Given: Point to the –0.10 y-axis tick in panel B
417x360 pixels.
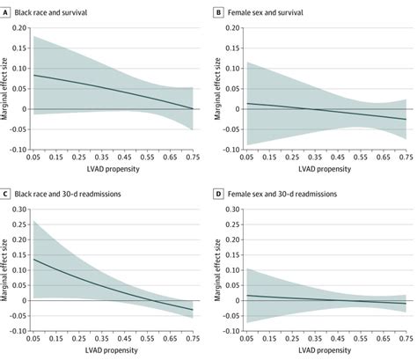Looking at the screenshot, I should (x=232, y=150).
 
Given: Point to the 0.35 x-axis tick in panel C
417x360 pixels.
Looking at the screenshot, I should (x=99, y=341).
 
